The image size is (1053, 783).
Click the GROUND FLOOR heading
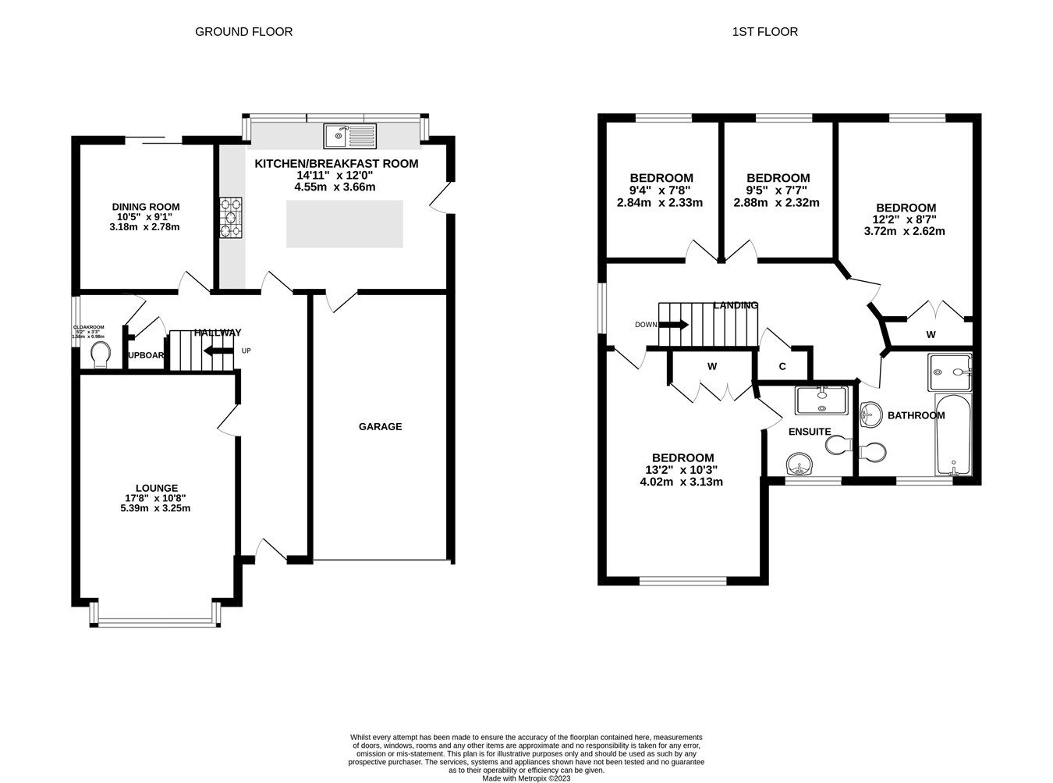(243, 32)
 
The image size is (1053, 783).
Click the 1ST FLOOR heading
(764, 32)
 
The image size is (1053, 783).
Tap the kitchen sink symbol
(350, 137)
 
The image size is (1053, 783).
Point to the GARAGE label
(380, 427)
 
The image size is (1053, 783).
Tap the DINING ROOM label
(145, 207)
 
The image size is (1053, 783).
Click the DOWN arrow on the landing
(673, 325)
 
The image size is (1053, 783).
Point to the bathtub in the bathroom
(953, 436)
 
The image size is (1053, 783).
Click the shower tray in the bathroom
(949, 372)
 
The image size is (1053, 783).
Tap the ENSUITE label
(810, 432)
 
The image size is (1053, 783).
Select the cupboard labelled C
(782, 366)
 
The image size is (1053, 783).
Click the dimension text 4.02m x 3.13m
(681, 482)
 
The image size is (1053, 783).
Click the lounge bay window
(154, 621)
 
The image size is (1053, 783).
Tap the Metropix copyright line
(526, 778)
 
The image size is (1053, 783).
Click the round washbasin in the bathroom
(870, 415)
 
